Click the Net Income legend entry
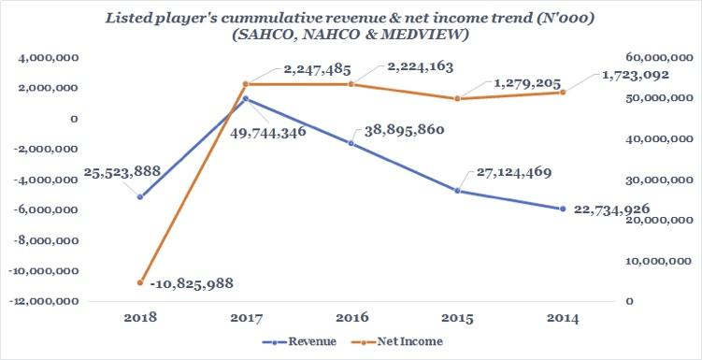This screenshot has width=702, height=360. [x=406, y=342]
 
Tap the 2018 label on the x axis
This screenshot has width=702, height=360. [x=139, y=319]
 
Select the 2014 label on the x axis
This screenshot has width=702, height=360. [x=563, y=319]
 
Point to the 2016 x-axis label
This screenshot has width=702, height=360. [x=351, y=319]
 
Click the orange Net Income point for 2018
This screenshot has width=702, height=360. [x=140, y=281]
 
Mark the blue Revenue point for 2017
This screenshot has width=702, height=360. [x=245, y=98]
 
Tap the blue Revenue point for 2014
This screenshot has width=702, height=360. [x=563, y=209]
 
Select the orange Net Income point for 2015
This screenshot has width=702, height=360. [x=457, y=98]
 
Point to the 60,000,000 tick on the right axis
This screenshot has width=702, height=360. [x=658, y=58]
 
